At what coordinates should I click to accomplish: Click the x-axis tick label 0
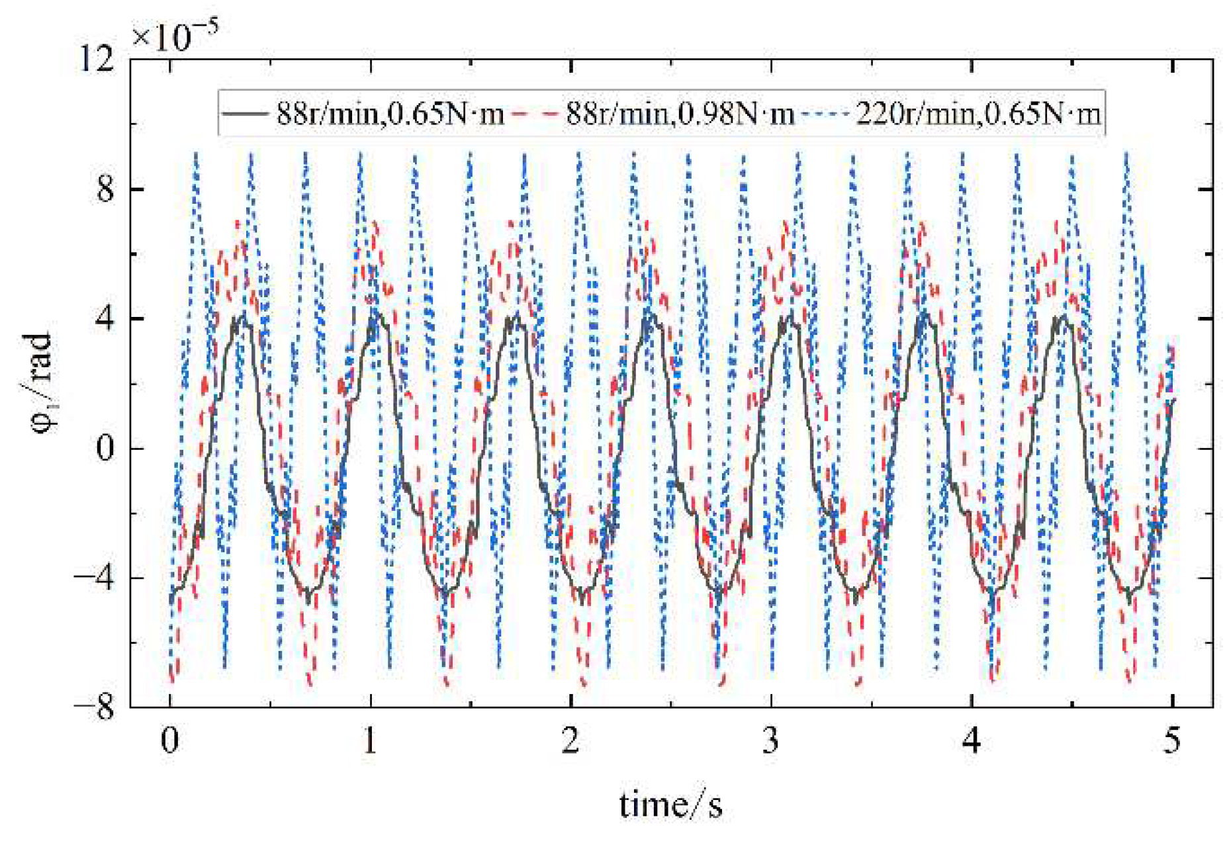coord(170,741)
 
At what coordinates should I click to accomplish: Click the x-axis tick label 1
coord(370,741)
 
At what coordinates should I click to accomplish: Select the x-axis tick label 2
coord(570,741)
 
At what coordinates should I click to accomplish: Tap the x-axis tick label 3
coord(770,741)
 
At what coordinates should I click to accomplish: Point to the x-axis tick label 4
coord(971,741)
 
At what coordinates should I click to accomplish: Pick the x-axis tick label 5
coord(1171,741)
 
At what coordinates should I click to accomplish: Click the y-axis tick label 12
coord(96,61)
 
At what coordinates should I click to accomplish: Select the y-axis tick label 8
coord(105,190)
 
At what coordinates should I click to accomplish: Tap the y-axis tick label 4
coord(105,319)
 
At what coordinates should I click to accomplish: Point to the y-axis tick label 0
coord(105,449)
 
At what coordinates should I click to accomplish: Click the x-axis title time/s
coord(670,805)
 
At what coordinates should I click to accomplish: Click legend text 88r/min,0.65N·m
coord(390,114)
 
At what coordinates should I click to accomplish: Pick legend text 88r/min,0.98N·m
coord(680,114)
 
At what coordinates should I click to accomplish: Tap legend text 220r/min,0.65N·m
coord(978,114)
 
